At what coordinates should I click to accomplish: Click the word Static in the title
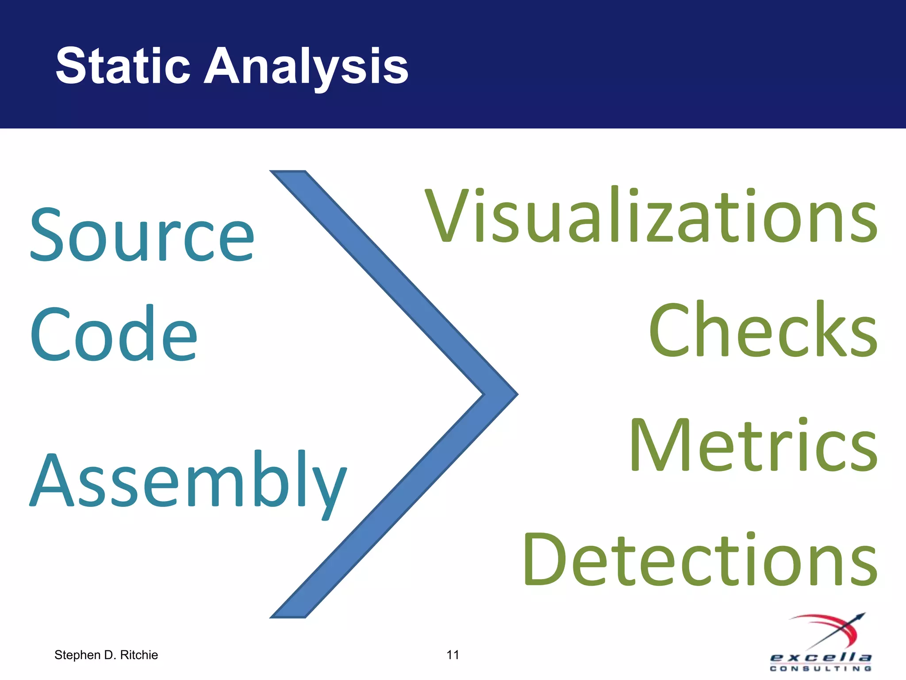point(123,66)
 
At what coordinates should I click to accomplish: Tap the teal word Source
point(142,235)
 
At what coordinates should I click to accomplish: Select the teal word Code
point(113,334)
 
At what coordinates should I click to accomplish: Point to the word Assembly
point(188,480)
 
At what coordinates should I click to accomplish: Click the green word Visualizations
point(650,216)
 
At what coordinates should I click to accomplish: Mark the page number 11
point(453,655)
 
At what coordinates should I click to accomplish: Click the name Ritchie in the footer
point(139,655)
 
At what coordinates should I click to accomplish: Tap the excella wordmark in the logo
point(821,657)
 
